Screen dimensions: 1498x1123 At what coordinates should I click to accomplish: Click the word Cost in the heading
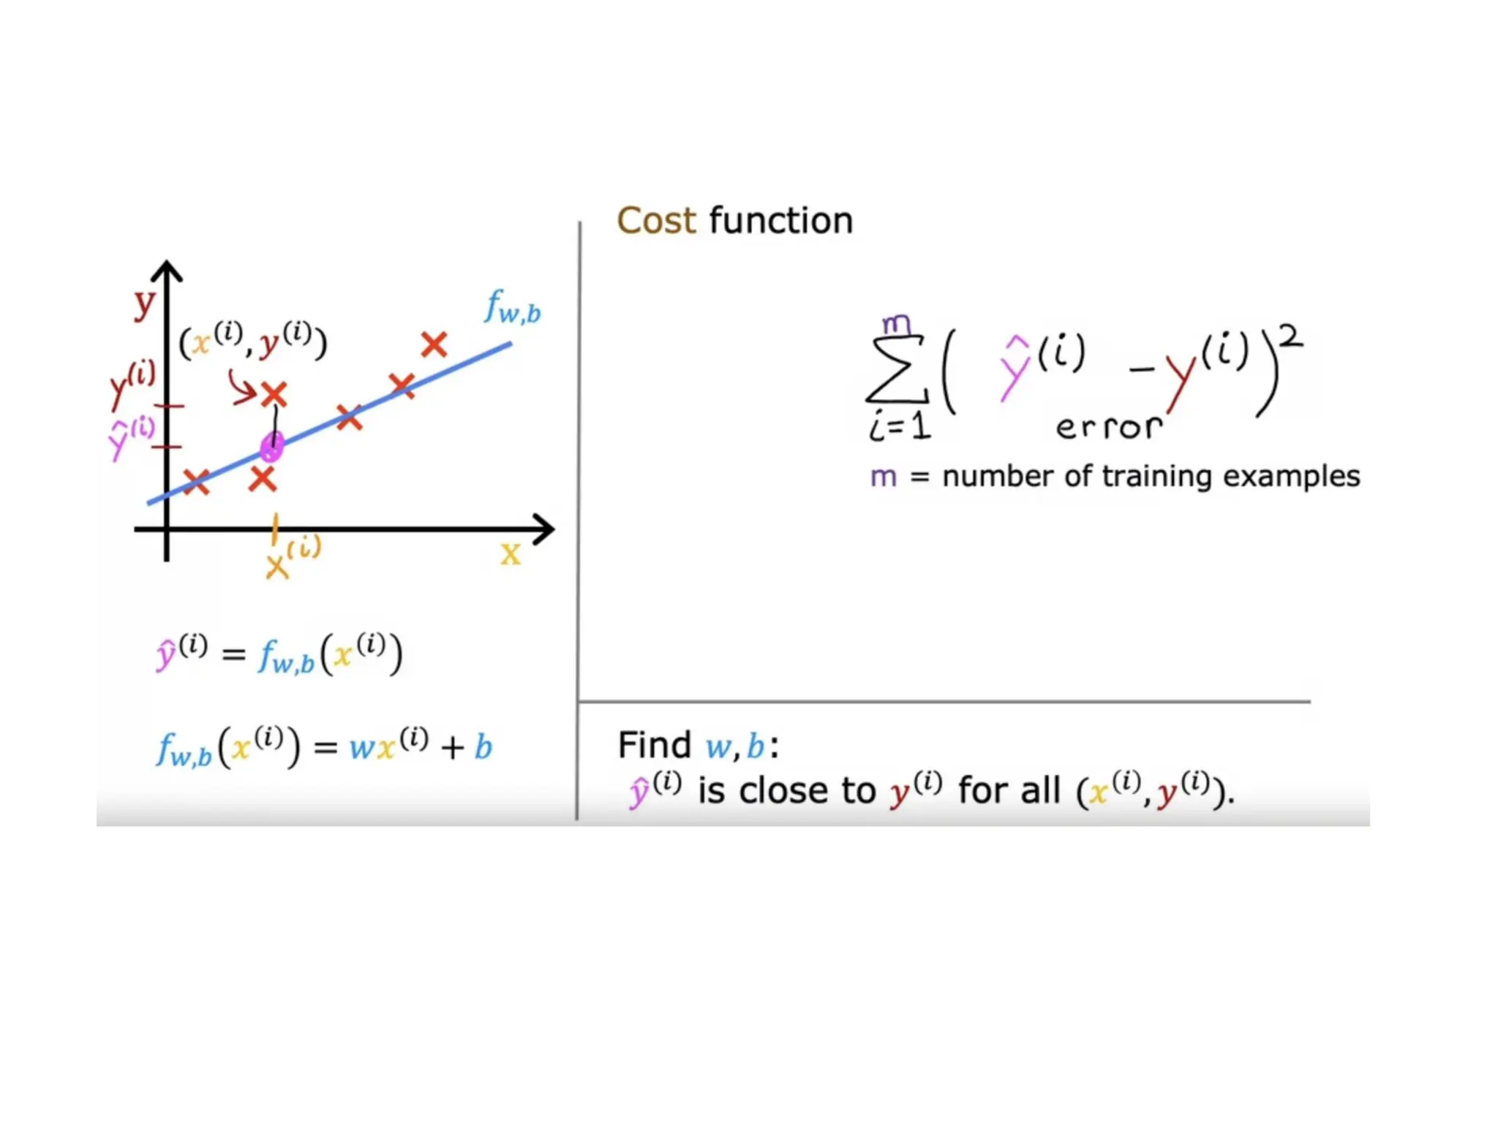(x=656, y=221)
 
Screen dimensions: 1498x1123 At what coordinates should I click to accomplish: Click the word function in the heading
(x=780, y=221)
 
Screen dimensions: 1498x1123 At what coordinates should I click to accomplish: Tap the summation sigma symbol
(x=897, y=370)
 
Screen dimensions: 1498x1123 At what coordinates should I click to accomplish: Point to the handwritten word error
(x=1108, y=427)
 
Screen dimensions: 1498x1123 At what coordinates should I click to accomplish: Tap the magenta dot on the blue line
(x=271, y=446)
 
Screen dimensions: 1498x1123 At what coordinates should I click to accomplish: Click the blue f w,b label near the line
(x=512, y=307)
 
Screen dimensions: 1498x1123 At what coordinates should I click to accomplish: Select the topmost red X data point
(x=434, y=344)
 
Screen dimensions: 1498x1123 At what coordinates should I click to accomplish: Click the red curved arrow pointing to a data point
(x=241, y=387)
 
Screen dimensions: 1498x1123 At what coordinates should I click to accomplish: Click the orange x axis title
(x=511, y=554)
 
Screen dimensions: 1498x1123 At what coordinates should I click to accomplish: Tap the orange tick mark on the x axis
(x=274, y=529)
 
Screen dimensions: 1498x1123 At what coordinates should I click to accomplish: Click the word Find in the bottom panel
(x=654, y=746)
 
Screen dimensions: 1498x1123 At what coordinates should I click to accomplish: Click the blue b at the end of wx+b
(x=483, y=747)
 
